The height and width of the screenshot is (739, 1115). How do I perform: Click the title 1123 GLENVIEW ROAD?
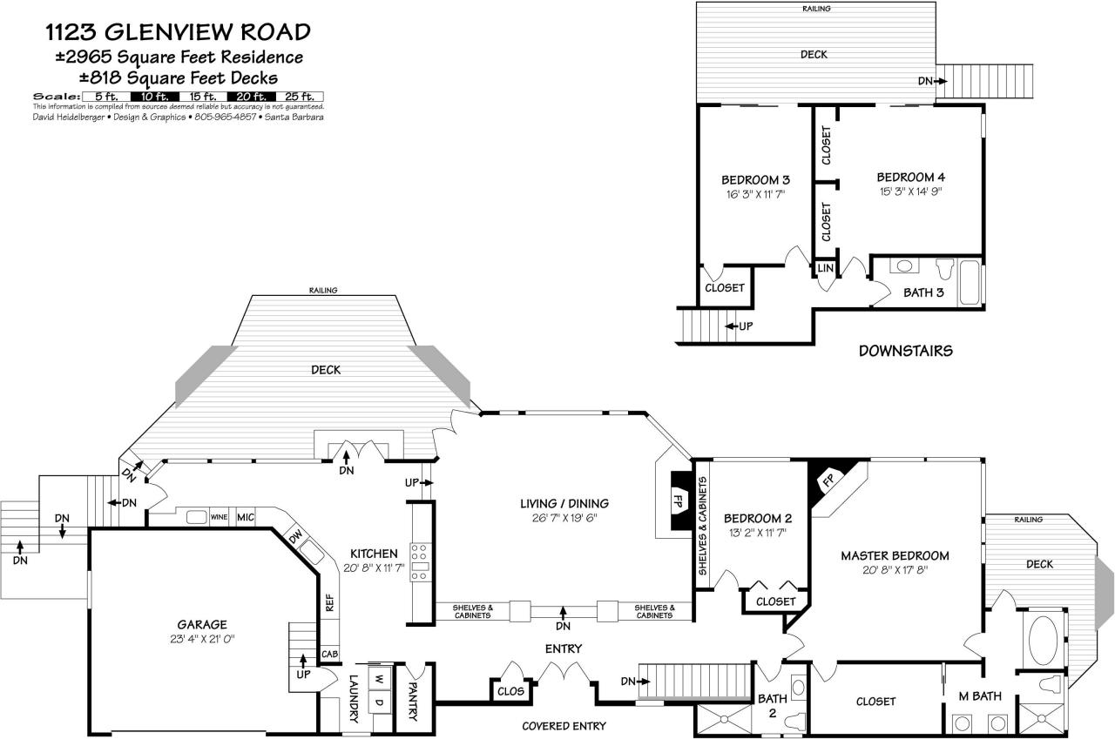(178, 33)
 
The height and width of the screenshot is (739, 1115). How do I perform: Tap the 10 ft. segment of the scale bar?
(154, 97)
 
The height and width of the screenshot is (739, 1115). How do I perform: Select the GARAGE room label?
(202, 624)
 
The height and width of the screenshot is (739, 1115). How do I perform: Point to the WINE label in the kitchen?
(219, 517)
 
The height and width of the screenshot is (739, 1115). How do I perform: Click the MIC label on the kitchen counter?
(245, 517)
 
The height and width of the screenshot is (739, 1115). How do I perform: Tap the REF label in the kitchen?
(329, 603)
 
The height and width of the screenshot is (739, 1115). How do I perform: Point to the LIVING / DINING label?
(564, 503)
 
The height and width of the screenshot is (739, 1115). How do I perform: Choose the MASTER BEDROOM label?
(895, 555)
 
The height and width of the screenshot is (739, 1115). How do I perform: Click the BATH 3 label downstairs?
(923, 292)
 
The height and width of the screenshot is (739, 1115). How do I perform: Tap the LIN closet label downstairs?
(824, 269)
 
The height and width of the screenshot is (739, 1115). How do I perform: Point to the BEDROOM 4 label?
(910, 177)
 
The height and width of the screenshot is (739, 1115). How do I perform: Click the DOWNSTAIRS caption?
(905, 352)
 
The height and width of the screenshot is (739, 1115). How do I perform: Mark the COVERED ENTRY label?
(564, 726)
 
